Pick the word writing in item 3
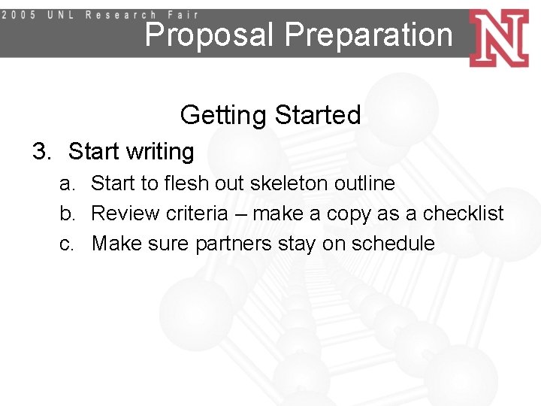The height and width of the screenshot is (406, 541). [159, 152]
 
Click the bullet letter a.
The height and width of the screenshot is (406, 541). [67, 183]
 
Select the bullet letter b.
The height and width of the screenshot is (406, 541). [67, 214]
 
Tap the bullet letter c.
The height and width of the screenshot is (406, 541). [67, 244]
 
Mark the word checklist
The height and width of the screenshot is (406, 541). [463, 214]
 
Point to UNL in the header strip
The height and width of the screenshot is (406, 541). [61, 14]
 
